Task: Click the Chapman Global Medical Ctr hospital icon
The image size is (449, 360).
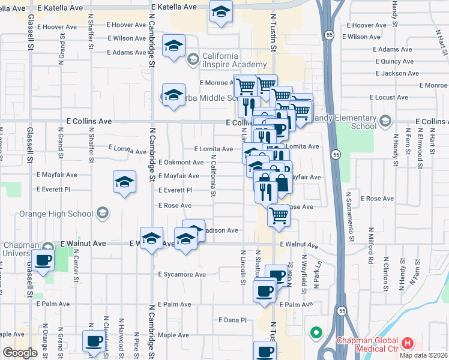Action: (408, 344)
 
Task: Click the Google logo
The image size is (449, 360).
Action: (20, 353)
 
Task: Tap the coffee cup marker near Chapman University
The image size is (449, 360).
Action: (43, 261)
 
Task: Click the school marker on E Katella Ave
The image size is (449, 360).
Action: (221, 12)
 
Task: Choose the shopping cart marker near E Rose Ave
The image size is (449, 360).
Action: (279, 215)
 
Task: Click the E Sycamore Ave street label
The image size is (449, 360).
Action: (182, 275)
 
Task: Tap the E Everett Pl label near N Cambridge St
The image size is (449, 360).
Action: (175, 190)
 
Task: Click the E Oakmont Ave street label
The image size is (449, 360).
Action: (181, 163)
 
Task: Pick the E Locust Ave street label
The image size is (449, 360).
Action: (388, 97)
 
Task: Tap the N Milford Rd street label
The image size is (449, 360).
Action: (372, 246)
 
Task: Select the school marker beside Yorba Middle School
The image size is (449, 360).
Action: (173, 96)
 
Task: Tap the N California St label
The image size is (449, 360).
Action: (213, 176)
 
